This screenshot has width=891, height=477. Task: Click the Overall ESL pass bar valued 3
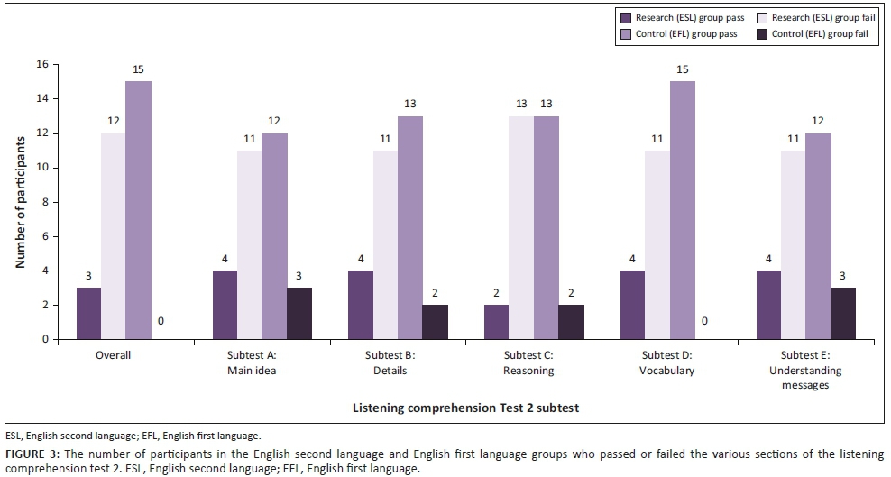click(88, 314)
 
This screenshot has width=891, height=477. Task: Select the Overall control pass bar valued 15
click(138, 210)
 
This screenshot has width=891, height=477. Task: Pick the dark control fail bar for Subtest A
click(299, 314)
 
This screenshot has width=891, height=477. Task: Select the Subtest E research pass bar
click(769, 305)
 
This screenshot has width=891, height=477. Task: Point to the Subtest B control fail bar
click(436, 322)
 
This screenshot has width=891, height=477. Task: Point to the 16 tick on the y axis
click(41, 65)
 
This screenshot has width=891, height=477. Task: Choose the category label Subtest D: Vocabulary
click(657, 362)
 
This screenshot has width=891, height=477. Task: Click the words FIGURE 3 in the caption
click(26, 453)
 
